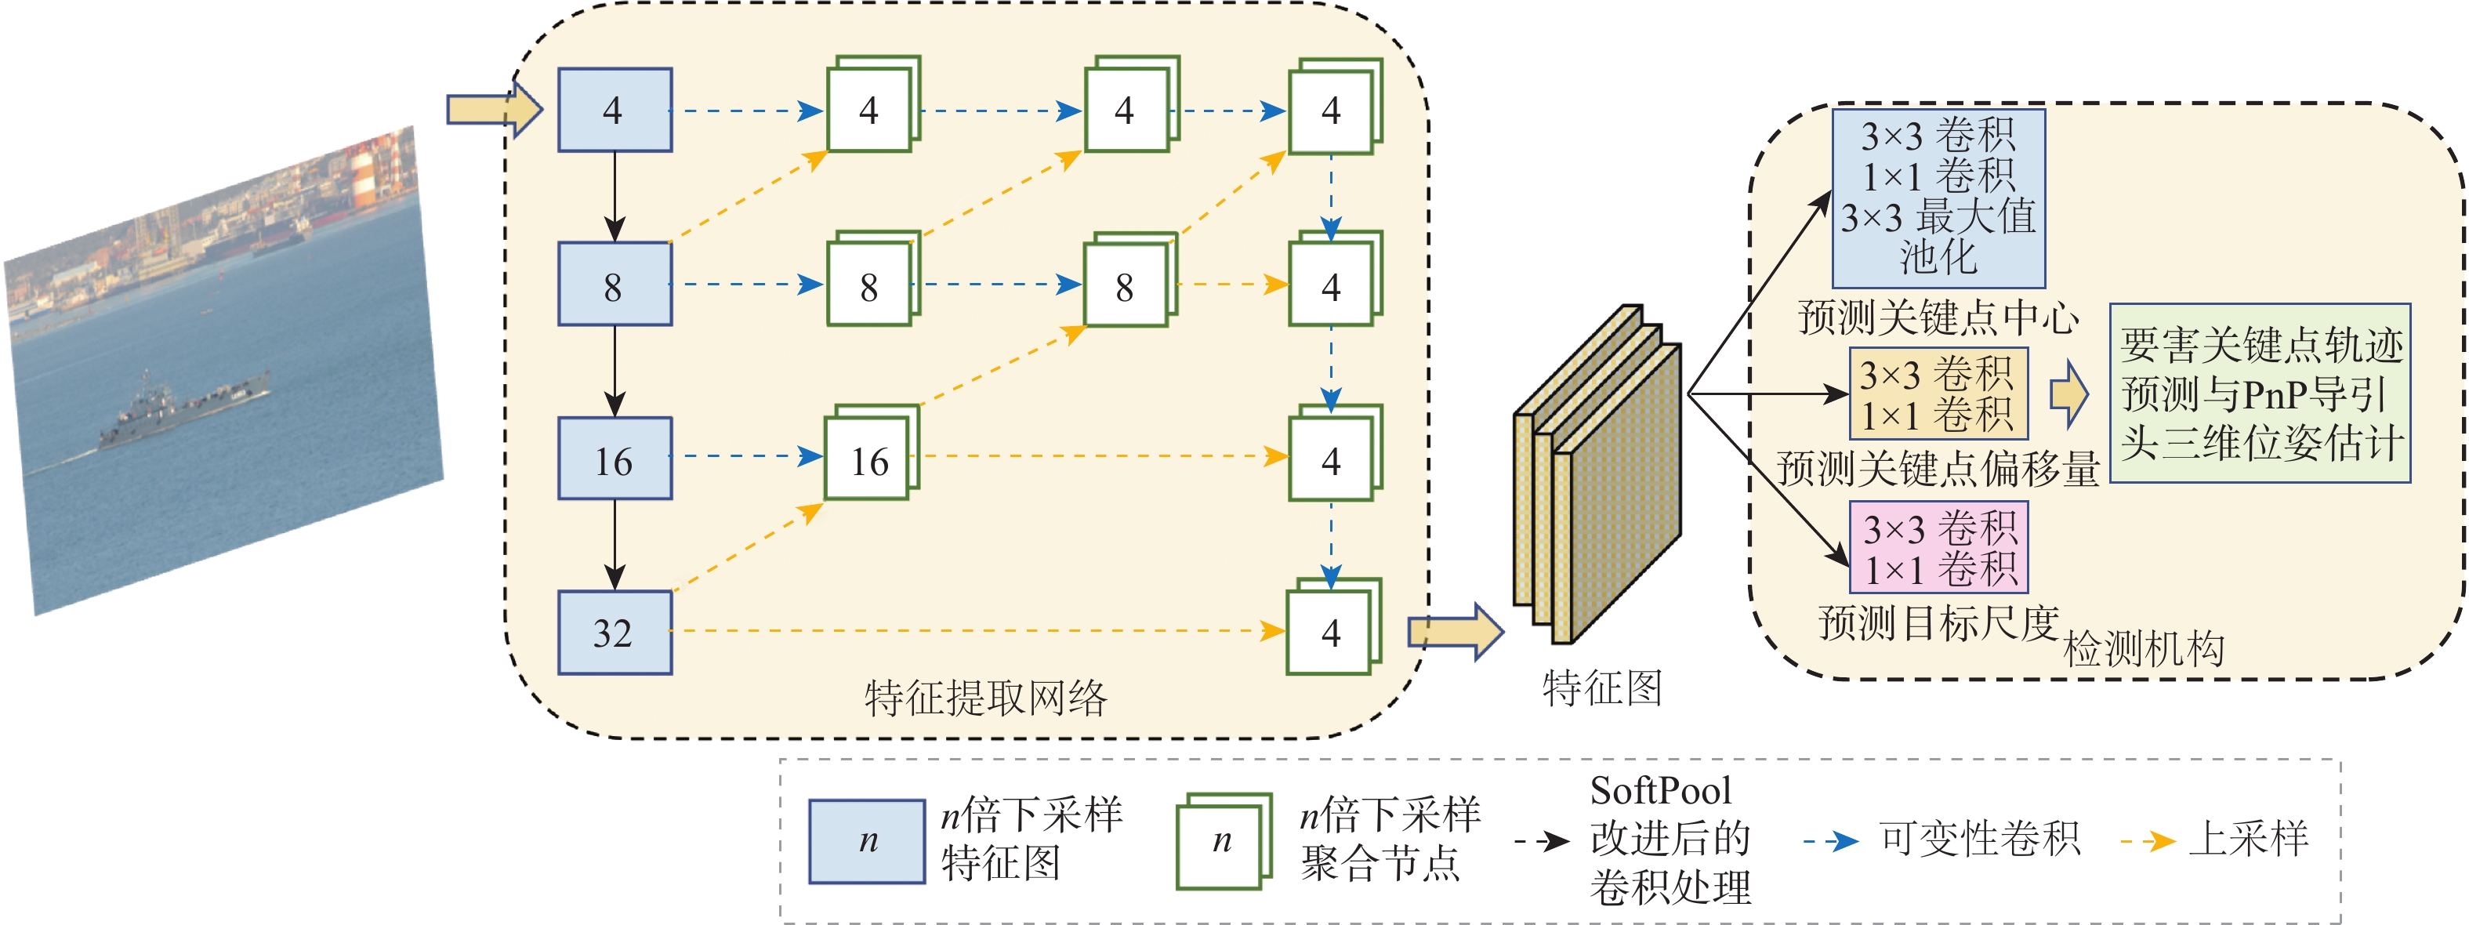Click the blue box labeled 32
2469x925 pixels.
pos(615,633)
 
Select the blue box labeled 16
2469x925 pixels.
pos(615,459)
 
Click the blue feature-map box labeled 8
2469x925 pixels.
pos(615,285)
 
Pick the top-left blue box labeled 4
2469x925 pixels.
pos(615,111)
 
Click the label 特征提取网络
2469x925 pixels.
pos(985,698)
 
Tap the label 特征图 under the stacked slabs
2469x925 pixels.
pos(1601,688)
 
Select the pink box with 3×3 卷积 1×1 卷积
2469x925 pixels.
pos(1938,547)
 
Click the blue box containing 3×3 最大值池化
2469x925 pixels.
pos(1938,198)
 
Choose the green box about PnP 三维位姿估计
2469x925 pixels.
pos(2259,393)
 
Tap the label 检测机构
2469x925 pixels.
pos(2143,650)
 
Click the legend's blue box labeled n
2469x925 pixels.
pos(866,840)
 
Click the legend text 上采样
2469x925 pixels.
pos(2249,839)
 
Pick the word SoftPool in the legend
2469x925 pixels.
pos(1660,791)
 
